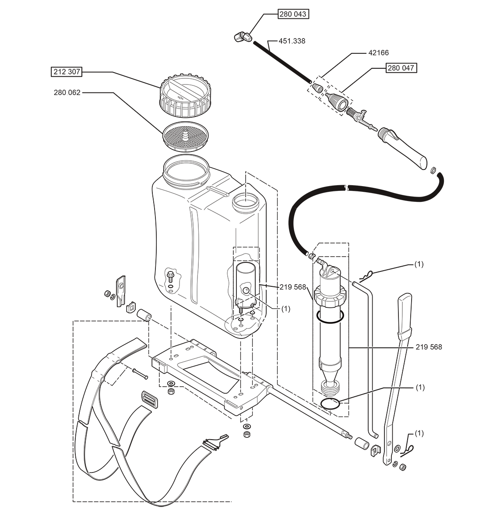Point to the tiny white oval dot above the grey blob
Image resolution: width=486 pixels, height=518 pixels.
[307, 253]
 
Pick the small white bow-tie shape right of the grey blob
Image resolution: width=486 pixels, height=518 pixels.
[338, 274]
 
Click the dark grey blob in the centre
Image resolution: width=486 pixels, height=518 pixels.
[293, 293]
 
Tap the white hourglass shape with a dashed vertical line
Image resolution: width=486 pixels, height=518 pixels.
[167, 344]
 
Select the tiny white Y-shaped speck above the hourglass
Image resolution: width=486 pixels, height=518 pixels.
[151, 319]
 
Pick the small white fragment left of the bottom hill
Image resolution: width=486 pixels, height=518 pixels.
[241, 416]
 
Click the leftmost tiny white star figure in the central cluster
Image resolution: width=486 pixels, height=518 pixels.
[240, 317]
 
